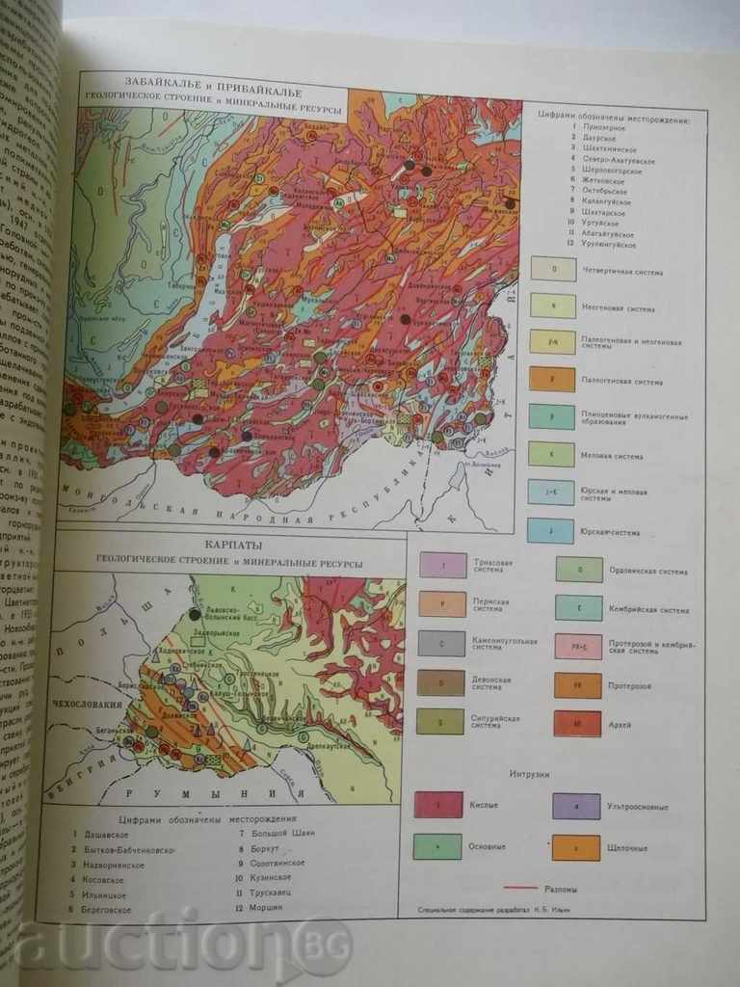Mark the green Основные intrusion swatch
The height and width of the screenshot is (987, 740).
tap(437, 846)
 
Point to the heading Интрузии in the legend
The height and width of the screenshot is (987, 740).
tap(529, 774)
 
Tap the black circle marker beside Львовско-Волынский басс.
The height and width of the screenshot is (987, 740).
tap(196, 613)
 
